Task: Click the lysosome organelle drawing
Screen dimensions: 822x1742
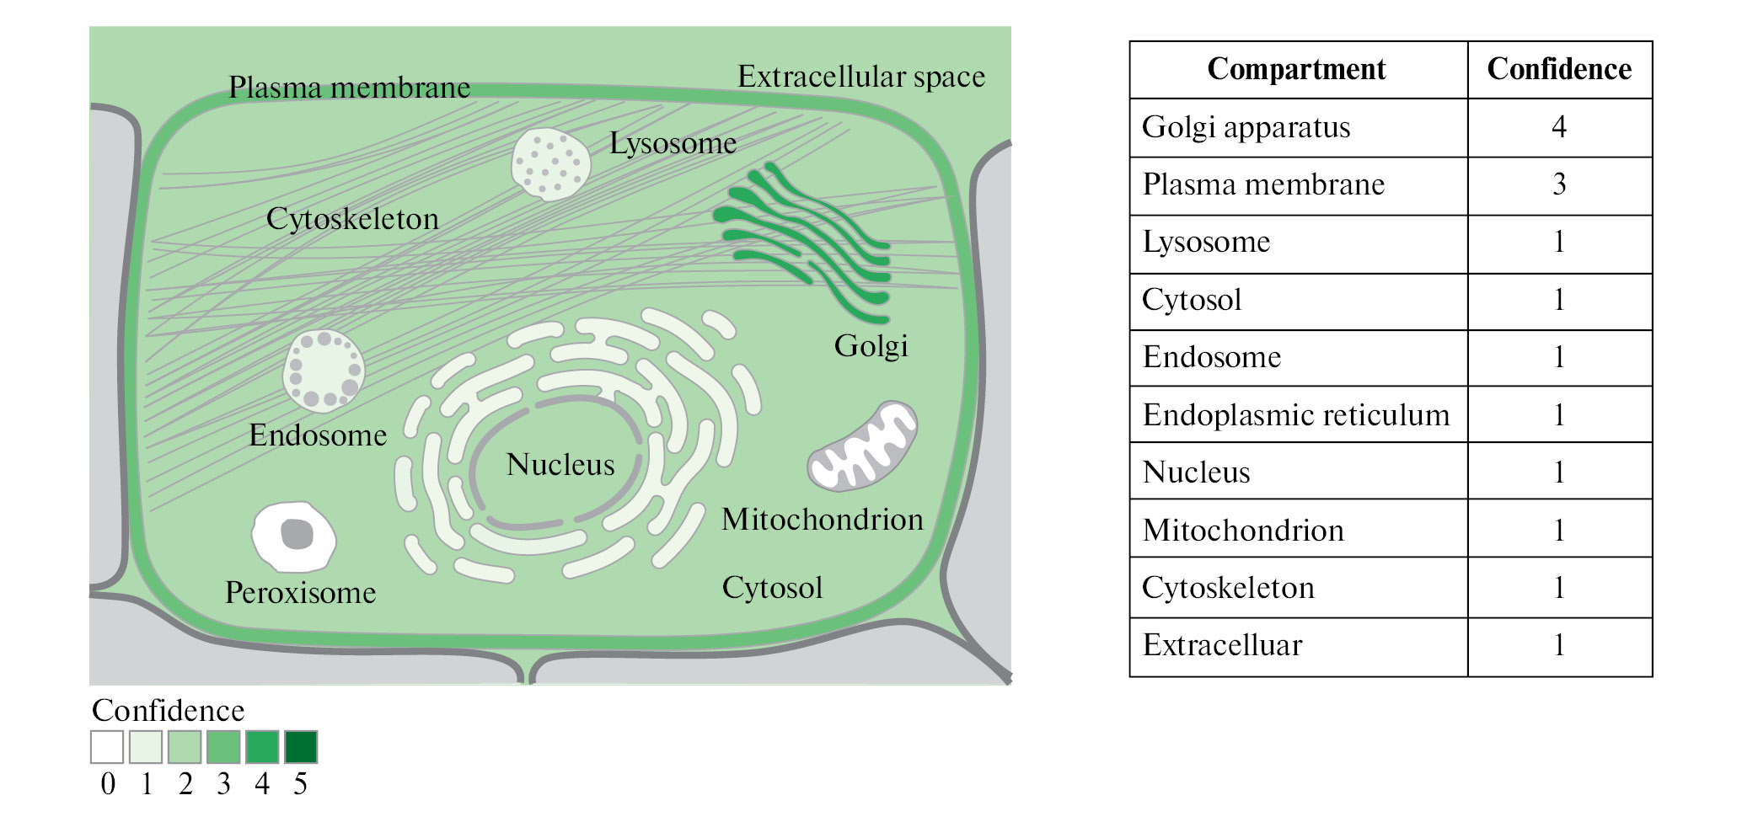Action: coord(550,163)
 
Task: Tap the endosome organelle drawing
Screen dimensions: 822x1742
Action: coord(324,371)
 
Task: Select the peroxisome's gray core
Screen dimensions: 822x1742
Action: coord(297,534)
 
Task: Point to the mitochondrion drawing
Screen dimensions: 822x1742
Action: coord(861,446)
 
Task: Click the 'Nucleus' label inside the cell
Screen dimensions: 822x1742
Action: coord(560,465)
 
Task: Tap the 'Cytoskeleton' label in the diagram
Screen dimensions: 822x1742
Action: coord(352,219)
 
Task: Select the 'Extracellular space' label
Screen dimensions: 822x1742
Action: coord(860,77)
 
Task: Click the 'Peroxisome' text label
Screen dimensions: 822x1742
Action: coord(300,593)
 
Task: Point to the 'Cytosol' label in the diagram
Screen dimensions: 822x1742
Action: coord(772,588)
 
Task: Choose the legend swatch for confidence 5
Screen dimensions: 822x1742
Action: coord(301,747)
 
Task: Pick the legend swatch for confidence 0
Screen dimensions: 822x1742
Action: coord(107,747)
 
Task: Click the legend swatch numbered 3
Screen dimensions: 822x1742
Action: coord(223,747)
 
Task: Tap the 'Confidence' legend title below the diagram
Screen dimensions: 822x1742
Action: coord(168,711)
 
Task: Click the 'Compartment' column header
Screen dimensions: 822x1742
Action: coord(1296,69)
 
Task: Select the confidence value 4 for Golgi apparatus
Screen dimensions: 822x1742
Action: coord(1558,127)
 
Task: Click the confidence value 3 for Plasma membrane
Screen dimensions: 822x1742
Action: coord(1558,184)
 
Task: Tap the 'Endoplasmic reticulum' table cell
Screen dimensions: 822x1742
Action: coord(1295,415)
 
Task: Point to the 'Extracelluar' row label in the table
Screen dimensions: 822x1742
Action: coord(1222,645)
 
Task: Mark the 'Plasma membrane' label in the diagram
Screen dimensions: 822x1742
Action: coord(349,88)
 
